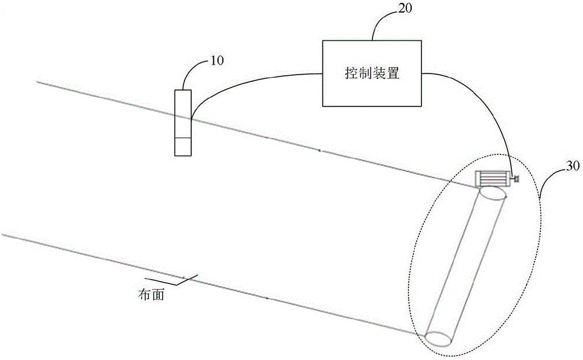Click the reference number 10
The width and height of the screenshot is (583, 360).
tap(217, 61)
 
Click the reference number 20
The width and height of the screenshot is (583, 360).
tap(405, 8)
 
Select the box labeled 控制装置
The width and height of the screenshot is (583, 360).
tap(372, 73)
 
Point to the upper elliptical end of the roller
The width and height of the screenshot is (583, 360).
tap(493, 194)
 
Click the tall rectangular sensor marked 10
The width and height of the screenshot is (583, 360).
tap(183, 122)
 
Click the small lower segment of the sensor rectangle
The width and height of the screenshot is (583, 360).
tap(183, 147)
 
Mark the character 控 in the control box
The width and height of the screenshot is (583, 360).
tap(352, 73)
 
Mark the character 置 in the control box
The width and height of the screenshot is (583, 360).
tap(392, 73)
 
